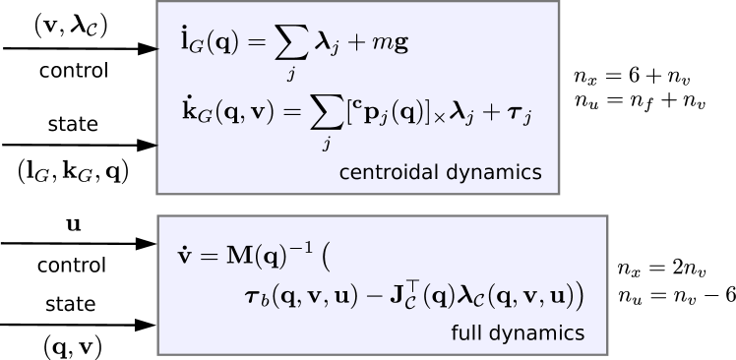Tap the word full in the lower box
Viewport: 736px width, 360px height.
465,333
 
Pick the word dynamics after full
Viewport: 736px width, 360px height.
536,333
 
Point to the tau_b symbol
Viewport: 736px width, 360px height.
257,295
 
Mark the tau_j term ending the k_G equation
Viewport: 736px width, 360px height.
520,116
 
